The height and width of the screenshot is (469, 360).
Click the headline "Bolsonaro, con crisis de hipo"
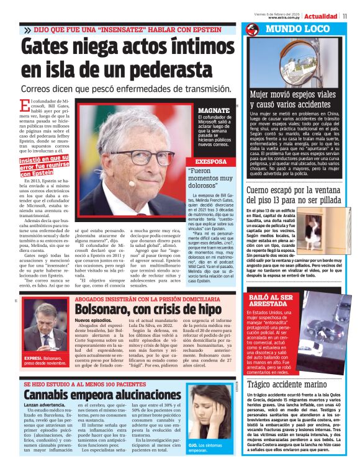pos(148,309)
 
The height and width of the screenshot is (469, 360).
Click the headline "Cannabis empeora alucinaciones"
pos(104,395)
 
